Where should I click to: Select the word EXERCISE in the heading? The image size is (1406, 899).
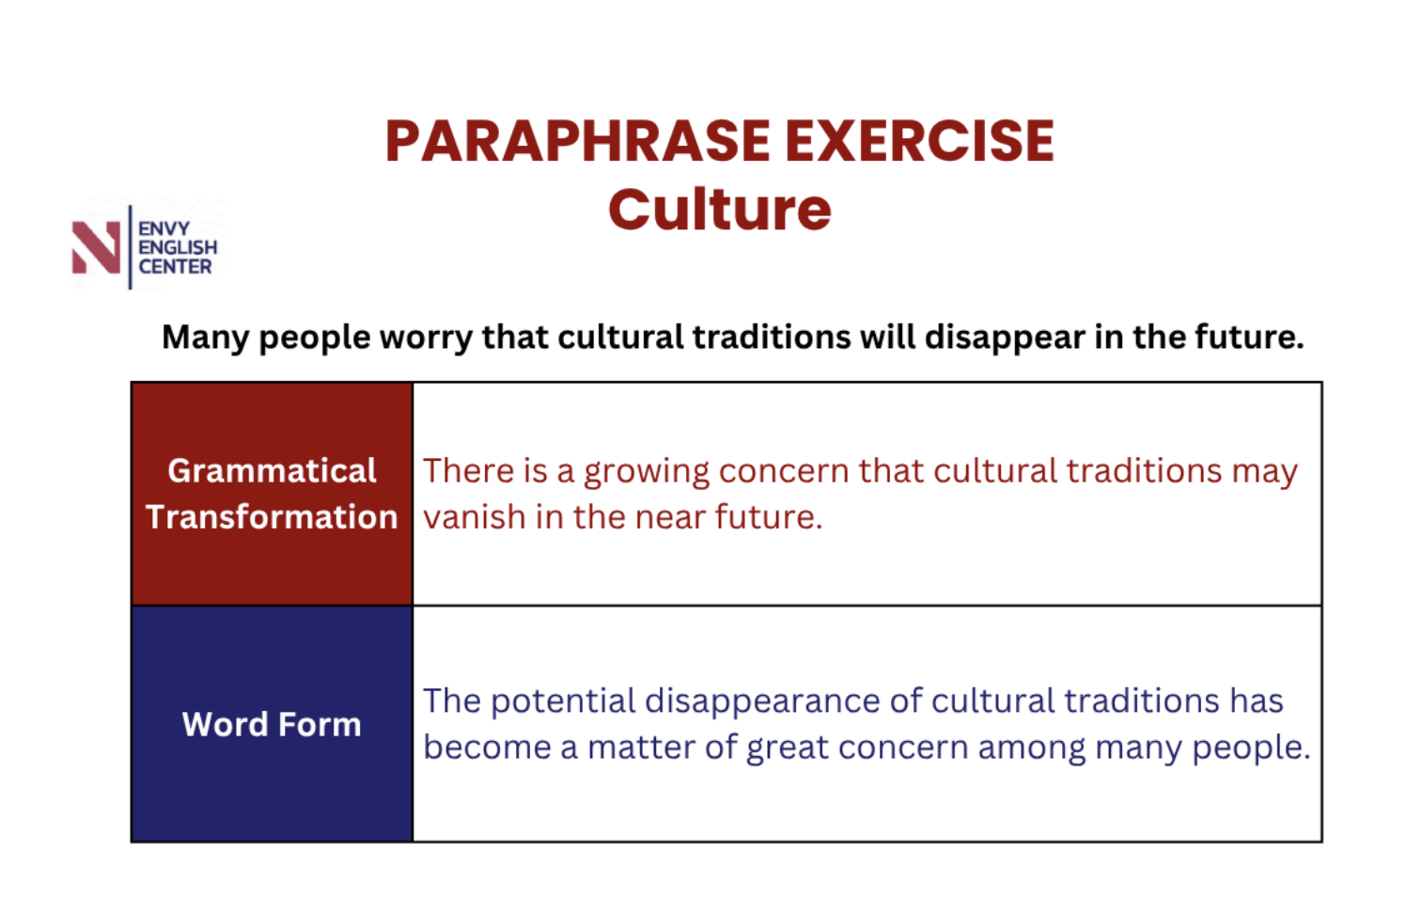(x=919, y=141)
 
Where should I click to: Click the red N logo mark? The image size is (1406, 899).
(x=96, y=247)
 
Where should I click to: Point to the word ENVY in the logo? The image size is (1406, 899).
(x=164, y=229)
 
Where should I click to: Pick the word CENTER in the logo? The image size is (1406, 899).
(x=175, y=266)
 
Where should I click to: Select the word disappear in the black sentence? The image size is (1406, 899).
(x=1005, y=338)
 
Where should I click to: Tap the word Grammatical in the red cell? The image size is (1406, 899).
(x=272, y=471)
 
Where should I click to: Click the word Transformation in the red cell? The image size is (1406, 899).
(x=272, y=517)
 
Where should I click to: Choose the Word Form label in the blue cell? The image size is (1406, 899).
(x=272, y=724)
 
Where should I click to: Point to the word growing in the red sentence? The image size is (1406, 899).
(x=647, y=472)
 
